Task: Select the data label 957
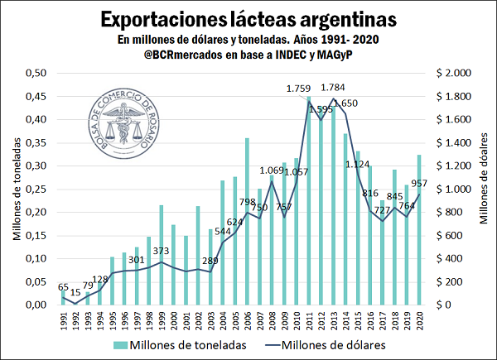(x=418, y=184)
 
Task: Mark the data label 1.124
(x=357, y=164)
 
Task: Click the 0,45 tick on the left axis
(x=34, y=96)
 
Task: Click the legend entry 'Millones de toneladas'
(x=192, y=346)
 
